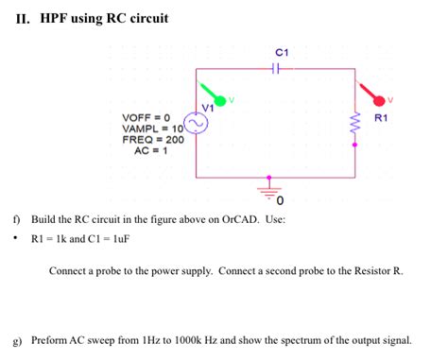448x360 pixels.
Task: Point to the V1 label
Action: (x=208, y=108)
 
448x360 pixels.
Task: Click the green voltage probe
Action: (x=219, y=99)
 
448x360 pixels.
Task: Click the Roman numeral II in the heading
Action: (x=23, y=18)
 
